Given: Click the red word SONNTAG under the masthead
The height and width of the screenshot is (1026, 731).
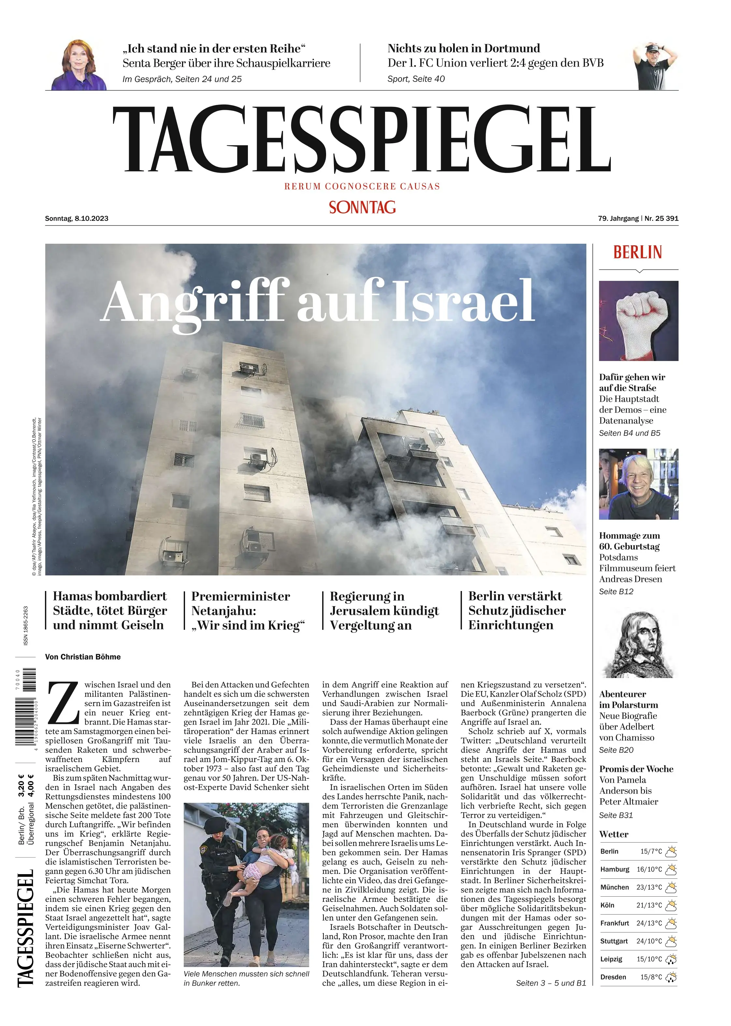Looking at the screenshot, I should tap(362, 207).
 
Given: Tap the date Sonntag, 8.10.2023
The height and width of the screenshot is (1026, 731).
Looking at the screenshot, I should tap(77, 219).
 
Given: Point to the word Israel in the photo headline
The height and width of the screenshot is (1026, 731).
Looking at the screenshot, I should tap(464, 301).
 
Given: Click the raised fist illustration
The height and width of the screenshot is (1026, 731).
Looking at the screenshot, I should tap(638, 321).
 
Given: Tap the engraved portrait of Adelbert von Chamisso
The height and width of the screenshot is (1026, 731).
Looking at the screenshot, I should tap(638, 645).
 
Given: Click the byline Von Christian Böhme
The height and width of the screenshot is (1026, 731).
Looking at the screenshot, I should tap(83, 657).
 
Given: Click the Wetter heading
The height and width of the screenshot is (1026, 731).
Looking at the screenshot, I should tap(613, 834).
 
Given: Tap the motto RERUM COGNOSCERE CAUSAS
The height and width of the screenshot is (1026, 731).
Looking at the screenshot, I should tap(362, 186).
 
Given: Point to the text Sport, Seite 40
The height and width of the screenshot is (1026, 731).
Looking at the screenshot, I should tap(416, 79).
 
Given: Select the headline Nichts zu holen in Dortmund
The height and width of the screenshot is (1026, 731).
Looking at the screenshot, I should tap(464, 49).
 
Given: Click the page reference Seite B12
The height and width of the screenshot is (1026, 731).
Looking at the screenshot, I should tap(616, 592).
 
